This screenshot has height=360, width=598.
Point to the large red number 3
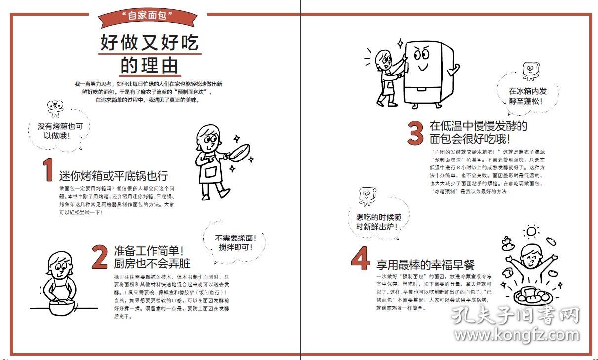(x=415, y=133)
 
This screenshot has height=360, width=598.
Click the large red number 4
(x=360, y=258)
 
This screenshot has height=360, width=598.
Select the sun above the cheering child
(x=531, y=231)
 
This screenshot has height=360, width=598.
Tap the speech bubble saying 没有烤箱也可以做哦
(x=60, y=131)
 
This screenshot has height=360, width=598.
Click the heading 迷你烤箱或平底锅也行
(x=114, y=176)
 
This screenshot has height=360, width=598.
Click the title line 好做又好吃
(x=149, y=42)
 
